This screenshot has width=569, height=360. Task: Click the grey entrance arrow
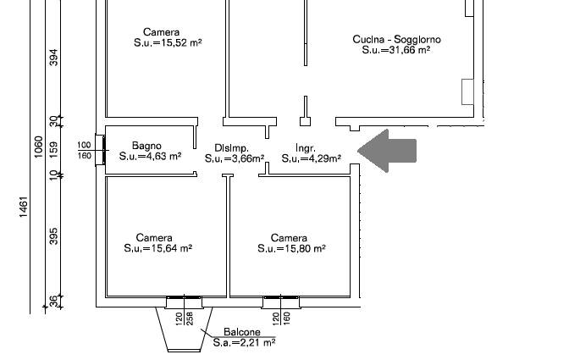(387, 151)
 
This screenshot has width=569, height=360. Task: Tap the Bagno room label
(146, 146)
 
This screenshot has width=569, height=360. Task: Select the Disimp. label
(231, 148)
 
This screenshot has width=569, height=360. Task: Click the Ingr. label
(306, 148)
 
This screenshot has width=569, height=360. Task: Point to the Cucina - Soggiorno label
(396, 39)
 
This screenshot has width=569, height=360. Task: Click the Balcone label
(242, 332)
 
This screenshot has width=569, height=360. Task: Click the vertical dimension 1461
(23, 208)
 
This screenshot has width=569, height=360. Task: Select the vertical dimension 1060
(38, 147)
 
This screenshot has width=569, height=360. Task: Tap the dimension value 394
(53, 58)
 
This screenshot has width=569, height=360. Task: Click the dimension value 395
(53, 236)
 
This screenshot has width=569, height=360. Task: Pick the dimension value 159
(53, 150)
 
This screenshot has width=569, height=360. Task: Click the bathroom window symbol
(101, 150)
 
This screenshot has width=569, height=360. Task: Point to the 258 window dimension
(190, 318)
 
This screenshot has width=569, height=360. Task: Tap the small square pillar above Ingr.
(305, 122)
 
